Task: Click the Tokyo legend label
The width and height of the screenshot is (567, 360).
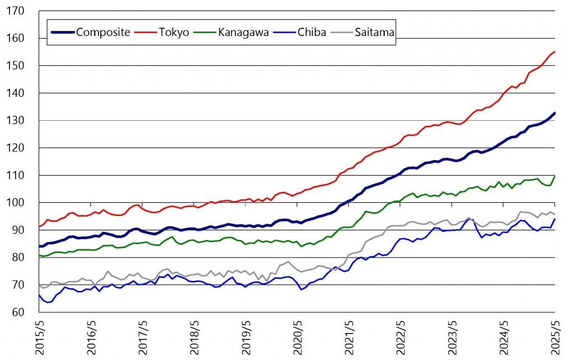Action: tap(175, 32)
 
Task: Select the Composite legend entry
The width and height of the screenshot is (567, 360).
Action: tap(103, 32)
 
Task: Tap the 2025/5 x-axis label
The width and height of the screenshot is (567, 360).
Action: tap(554, 338)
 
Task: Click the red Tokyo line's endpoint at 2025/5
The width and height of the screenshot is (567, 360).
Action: tap(554, 52)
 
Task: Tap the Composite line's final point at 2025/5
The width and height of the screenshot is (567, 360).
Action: tap(554, 113)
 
